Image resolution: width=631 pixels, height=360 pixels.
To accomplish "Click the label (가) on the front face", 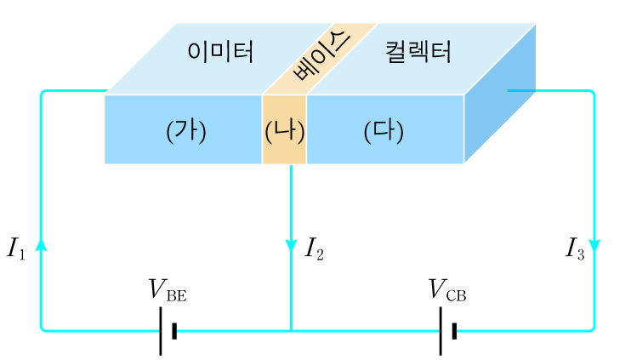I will [185, 131].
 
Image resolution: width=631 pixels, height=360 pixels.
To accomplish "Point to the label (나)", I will [284, 131].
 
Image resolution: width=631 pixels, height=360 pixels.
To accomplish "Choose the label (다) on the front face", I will [384, 131].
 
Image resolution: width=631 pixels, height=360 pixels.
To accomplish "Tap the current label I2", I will [314, 249].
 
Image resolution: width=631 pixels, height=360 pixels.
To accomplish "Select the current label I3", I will [575, 249].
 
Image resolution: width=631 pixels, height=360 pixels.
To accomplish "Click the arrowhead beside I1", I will [41, 245].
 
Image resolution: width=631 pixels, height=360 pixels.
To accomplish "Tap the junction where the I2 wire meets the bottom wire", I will [292, 330].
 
